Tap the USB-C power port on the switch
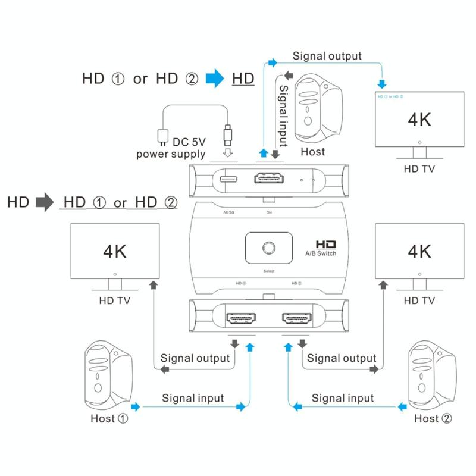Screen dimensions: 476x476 229,179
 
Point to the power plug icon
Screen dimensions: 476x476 160,136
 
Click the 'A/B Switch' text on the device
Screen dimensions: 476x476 321,253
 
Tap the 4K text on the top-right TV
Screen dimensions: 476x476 419,120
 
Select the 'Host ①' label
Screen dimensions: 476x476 109,418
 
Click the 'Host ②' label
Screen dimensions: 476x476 433,418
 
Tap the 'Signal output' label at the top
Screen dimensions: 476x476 327,56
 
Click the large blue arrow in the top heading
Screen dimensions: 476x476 214,79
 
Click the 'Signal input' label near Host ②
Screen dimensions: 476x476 343,398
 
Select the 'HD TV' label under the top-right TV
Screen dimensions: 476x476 419,168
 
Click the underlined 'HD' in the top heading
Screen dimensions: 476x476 243,79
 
